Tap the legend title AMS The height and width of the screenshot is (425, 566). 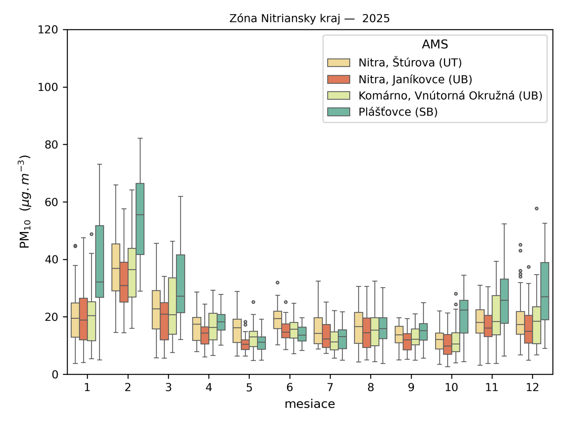click(435, 44)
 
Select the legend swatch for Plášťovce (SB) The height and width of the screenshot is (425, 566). click(339, 112)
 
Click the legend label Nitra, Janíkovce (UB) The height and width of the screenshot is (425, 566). click(415, 79)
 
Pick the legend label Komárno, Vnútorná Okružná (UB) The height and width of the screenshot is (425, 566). click(450, 96)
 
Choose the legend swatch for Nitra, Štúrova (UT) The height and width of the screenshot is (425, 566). click(339, 63)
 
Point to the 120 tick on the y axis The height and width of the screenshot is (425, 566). click(48, 30)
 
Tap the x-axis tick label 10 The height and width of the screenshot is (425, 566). click(451, 387)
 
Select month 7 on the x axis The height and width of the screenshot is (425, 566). click(330, 387)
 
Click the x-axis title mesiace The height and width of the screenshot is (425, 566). click(310, 404)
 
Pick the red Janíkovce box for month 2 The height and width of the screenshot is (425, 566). click(124, 282)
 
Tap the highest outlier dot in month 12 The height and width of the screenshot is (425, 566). click(537, 209)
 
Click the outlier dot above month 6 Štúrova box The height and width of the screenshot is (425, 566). click(278, 283)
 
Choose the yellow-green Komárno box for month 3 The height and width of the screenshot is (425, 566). click(172, 306)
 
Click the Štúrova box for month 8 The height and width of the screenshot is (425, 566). click(359, 328)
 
